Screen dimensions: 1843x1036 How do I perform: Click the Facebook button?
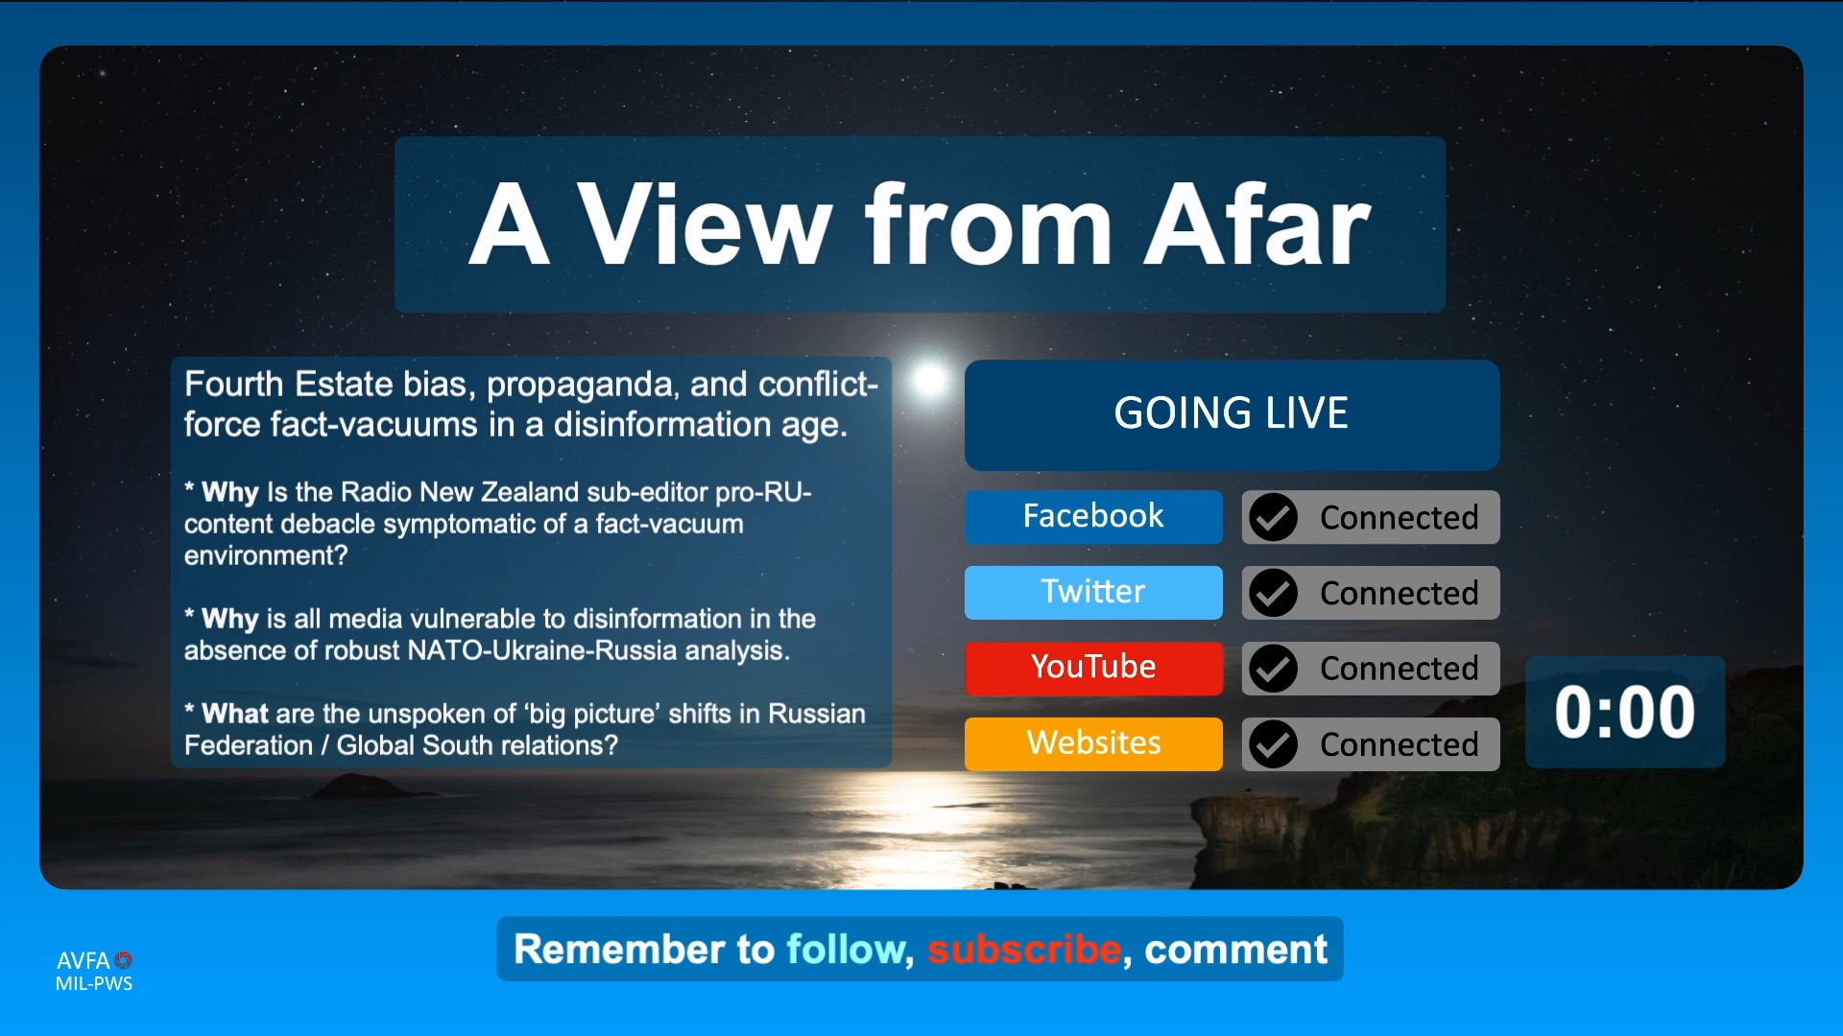1093,517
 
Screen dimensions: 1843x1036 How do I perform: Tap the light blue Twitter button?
1093,593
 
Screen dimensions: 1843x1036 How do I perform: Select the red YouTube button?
1093,669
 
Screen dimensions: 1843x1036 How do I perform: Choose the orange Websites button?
1093,744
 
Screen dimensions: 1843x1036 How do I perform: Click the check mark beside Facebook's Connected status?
1273,517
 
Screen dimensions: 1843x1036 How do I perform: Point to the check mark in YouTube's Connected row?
1273,669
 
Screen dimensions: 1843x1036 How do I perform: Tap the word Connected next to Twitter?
1399,594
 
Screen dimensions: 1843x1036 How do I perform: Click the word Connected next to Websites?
1399,745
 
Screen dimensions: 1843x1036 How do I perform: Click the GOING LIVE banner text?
1232,413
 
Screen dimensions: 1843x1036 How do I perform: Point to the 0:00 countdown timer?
1625,713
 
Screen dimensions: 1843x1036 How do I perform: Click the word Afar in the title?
1257,225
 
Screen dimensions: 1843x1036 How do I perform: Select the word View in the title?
706,225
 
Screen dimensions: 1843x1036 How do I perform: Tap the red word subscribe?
1024,950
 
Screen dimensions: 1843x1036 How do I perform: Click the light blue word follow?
845,951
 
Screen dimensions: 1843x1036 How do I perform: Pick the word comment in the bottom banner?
1235,951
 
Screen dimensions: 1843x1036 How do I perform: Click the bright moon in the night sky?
928,380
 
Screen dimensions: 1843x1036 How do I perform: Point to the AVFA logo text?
84,960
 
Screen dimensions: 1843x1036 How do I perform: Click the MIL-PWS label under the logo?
94,983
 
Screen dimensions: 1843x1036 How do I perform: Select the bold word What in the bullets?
235,714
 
